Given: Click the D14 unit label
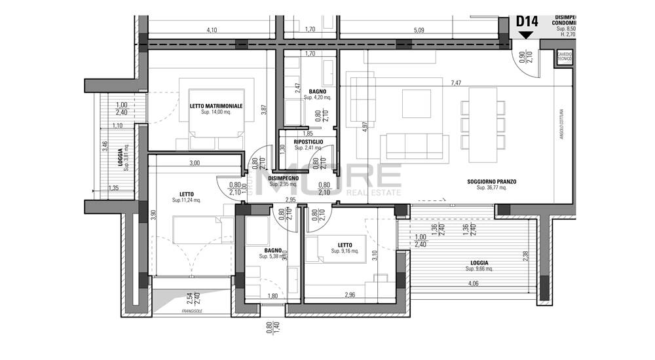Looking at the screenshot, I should pyautogui.click(x=527, y=21).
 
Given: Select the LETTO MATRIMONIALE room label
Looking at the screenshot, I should pyautogui.click(x=216, y=105).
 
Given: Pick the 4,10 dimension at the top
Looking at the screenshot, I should pyautogui.click(x=212, y=29).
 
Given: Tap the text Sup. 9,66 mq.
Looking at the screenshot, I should pyautogui.click(x=481, y=269).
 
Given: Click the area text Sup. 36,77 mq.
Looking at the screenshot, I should pyautogui.click(x=492, y=187).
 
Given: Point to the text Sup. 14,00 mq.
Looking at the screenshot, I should pyautogui.click(x=216, y=112).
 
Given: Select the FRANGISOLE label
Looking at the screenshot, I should pyautogui.click(x=193, y=312).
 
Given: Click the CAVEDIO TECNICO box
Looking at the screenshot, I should pyautogui.click(x=564, y=57).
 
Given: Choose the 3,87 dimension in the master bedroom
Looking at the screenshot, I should pyautogui.click(x=264, y=111).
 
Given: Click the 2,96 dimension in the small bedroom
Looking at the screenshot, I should pyautogui.click(x=350, y=295).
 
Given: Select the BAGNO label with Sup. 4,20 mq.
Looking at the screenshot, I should pyautogui.click(x=318, y=92).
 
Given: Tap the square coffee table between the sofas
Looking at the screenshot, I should pyautogui.click(x=416, y=101).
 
